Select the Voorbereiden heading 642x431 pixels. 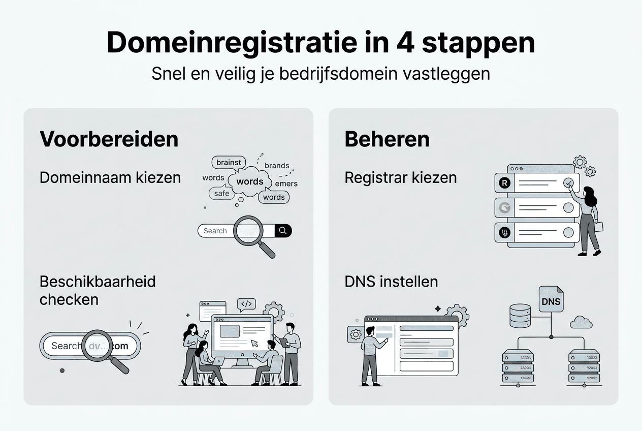(109, 139)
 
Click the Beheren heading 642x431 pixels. (387, 139)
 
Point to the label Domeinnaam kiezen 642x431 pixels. (110, 177)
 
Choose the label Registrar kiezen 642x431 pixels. (400, 177)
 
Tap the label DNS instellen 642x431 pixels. (391, 281)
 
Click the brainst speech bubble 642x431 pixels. (229, 163)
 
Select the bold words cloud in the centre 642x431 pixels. (250, 181)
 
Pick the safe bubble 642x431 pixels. (221, 193)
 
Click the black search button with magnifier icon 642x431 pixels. (283, 231)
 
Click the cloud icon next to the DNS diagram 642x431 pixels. (581, 322)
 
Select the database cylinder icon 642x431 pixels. (520, 315)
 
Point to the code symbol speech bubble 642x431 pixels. (246, 304)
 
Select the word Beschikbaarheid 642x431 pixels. (98, 281)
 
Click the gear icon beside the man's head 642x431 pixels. (355, 334)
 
